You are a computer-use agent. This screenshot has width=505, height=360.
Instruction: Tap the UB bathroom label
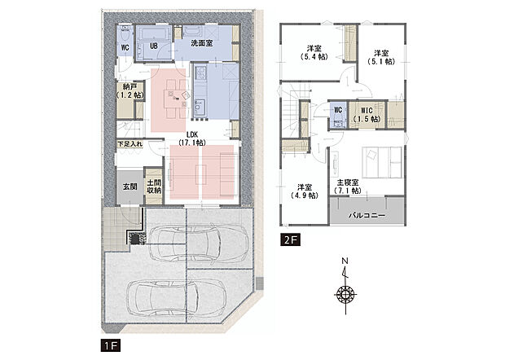(153, 46)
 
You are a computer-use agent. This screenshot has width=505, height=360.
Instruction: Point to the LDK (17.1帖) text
(193, 137)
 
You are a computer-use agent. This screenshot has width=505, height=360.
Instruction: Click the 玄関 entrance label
(129, 187)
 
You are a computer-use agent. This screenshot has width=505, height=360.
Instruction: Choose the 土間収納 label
(152, 186)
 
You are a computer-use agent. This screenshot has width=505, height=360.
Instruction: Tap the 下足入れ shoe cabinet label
(130, 144)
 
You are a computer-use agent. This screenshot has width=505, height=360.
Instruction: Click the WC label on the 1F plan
(125, 47)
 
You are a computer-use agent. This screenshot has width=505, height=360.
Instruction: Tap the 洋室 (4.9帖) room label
(305, 191)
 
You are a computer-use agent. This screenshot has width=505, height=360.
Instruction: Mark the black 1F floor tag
(110, 345)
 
